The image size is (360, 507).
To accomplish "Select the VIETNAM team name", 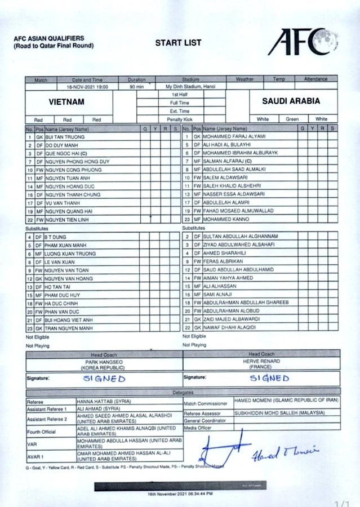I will click(x=66, y=101).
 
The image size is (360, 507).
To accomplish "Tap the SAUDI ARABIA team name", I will click(x=291, y=101).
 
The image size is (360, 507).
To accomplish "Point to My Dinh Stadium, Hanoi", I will click(x=190, y=87).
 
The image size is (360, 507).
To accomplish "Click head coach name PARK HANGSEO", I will click(x=104, y=362).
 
